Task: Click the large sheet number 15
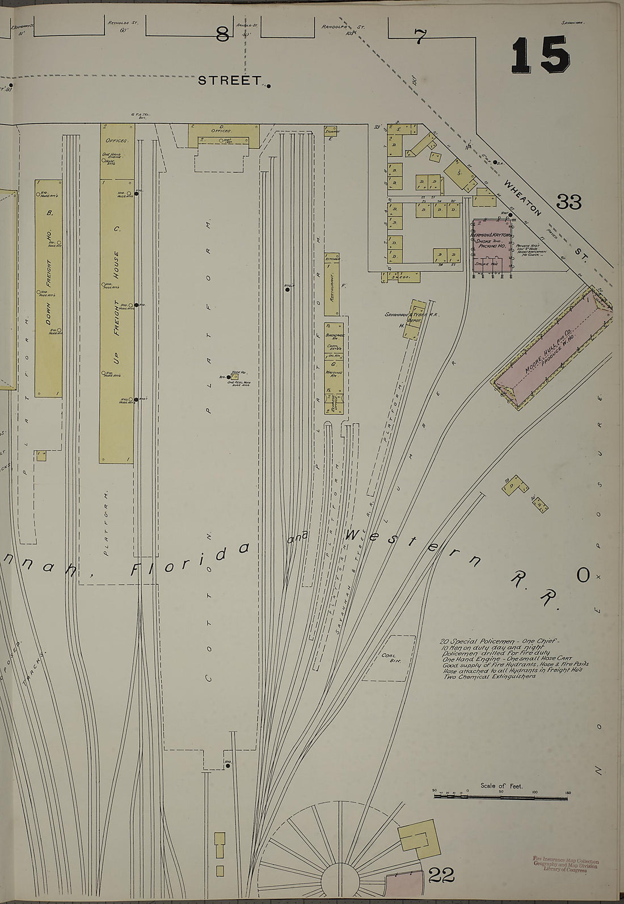point(540,55)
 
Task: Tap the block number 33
point(568,202)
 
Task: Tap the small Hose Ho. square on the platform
point(234,376)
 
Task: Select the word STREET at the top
point(229,81)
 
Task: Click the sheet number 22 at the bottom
point(441,876)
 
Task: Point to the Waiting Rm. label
point(332,371)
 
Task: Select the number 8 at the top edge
point(222,35)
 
